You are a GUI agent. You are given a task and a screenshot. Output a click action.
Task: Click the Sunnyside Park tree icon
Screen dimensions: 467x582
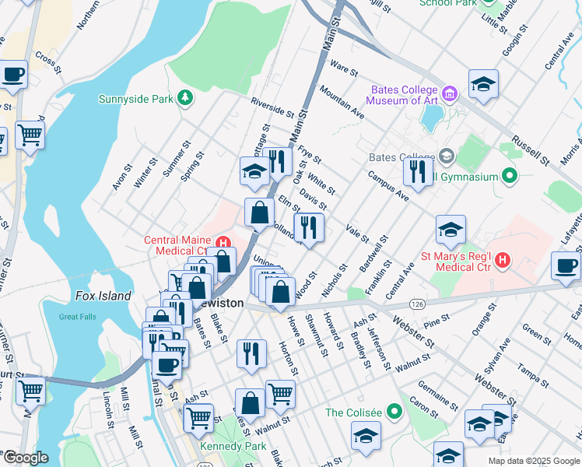pyautogui.click(x=184, y=98)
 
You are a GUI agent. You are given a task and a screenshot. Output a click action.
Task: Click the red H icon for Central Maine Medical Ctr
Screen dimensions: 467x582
pyautogui.click(x=223, y=243)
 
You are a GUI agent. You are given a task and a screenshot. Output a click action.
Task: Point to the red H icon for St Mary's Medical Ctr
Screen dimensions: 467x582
pyautogui.click(x=503, y=259)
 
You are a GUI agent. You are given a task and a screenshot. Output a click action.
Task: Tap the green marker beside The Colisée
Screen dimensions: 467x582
pyautogui.click(x=394, y=410)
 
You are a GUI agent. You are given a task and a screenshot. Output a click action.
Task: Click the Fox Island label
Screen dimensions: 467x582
pyautogui.click(x=103, y=296)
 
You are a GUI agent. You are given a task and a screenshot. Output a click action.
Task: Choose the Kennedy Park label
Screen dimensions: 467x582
pyautogui.click(x=233, y=447)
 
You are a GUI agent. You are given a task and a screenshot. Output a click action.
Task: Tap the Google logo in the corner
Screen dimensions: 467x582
pyautogui.click(x=25, y=458)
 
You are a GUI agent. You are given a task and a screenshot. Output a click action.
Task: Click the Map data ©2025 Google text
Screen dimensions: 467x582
pyautogui.click(x=534, y=461)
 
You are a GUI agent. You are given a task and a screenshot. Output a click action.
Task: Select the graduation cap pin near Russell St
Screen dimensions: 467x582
pyautogui.click(x=483, y=83)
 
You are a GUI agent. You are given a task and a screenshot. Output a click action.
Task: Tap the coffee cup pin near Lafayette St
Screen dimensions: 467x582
pyautogui.click(x=566, y=265)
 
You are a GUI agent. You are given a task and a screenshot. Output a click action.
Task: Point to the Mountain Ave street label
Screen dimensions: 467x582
pyautogui.click(x=342, y=103)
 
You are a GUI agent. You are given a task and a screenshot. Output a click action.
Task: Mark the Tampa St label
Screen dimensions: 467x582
pyautogui.click(x=533, y=357)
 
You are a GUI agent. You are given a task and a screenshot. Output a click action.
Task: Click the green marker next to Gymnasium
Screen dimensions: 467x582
pyautogui.click(x=510, y=176)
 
